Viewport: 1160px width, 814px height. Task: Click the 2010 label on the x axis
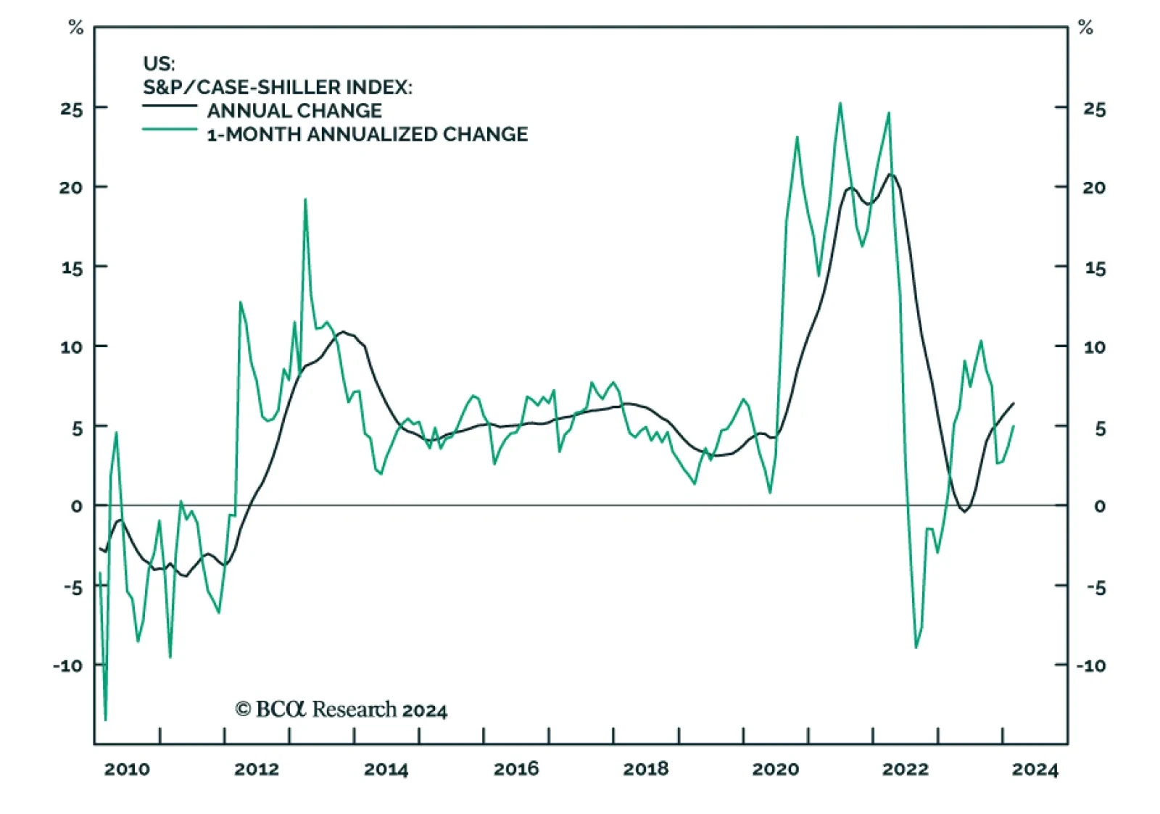tap(127, 769)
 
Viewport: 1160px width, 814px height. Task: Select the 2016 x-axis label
tap(516, 769)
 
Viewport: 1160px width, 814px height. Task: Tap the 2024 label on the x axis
tap(1035, 769)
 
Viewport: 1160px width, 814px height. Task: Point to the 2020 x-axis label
tap(775, 769)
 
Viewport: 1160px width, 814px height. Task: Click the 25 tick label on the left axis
tap(72, 109)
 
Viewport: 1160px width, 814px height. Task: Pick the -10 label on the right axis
tap(1090, 665)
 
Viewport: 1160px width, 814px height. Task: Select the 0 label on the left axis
tap(77, 506)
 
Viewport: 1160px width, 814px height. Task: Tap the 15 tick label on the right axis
tap(1095, 268)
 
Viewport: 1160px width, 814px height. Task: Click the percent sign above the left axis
tap(75, 28)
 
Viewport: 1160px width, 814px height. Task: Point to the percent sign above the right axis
tap(1085, 28)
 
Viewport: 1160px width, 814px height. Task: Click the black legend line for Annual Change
tap(170, 106)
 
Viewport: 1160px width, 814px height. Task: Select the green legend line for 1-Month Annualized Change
tap(170, 130)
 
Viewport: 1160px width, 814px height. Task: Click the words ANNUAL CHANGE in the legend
tap(294, 111)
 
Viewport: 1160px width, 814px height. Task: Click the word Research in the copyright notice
tap(354, 709)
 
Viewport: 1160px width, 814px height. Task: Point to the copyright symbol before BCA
tap(243, 709)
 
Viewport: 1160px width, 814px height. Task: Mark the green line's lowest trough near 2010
tap(105, 720)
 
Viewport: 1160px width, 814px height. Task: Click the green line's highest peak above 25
tap(840, 103)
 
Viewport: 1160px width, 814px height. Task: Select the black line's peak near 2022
tap(891, 174)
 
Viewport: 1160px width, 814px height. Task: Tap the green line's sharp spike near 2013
tap(305, 199)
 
